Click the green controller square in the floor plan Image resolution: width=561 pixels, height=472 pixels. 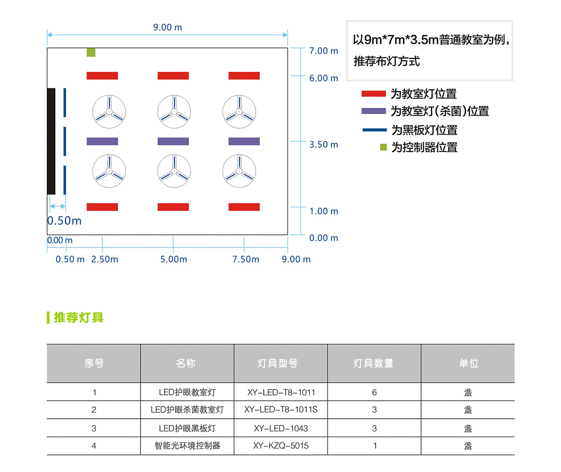point(91,52)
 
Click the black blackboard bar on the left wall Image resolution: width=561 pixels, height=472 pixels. point(51,141)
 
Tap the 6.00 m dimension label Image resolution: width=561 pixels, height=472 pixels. point(324,78)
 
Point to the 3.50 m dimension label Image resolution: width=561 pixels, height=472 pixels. point(324,145)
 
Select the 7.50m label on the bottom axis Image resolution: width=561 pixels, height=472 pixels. point(245,259)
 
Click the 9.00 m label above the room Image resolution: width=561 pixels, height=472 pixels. point(167,27)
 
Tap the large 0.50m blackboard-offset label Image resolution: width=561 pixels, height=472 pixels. point(64,221)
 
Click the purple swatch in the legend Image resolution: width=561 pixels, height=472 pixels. point(374,111)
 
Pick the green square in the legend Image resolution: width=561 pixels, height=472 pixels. point(383,147)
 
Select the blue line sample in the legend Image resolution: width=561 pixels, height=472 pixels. point(374,130)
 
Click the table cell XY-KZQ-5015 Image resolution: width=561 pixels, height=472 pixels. point(280,446)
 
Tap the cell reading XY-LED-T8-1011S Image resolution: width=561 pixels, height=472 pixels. point(280,409)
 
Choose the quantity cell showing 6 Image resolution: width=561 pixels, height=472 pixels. point(374,392)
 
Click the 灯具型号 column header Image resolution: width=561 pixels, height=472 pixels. point(278,363)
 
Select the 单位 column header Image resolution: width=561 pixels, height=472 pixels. point(468,363)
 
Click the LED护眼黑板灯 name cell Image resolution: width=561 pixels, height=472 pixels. point(187,428)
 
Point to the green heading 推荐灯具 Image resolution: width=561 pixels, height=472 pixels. point(79,318)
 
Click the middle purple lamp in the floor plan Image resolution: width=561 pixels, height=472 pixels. point(173,141)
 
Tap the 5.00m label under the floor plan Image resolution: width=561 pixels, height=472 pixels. point(173,259)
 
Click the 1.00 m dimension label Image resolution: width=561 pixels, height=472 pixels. point(324,211)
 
